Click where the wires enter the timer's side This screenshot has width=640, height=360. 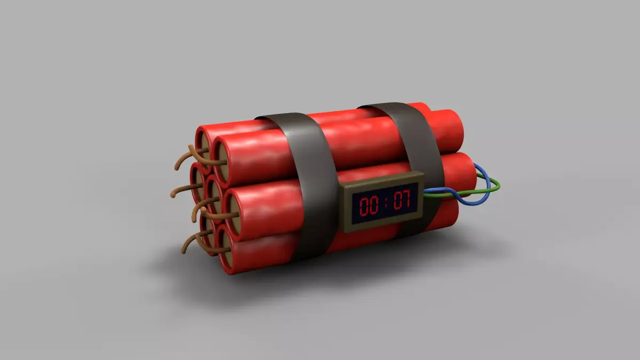tap(426, 193)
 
